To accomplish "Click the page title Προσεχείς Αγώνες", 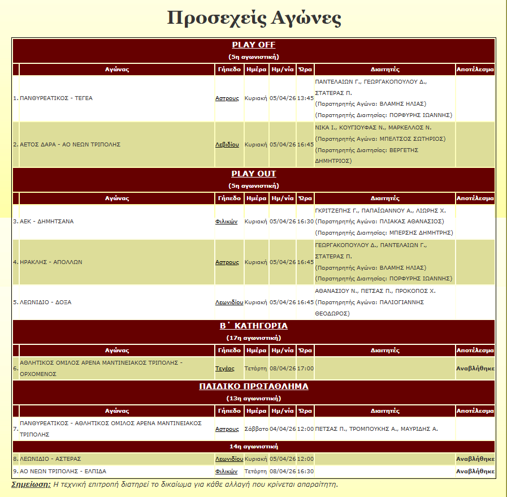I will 254,18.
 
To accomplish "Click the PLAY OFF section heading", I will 254,45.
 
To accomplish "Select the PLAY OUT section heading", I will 254,174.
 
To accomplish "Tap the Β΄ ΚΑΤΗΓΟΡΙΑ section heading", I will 254,326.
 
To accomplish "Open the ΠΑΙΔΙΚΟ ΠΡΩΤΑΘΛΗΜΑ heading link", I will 254,386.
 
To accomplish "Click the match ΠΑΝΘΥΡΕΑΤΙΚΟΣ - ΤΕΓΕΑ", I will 56,98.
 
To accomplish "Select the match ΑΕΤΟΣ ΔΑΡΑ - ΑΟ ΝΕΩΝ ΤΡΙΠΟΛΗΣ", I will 70,145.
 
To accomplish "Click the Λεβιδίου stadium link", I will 227,145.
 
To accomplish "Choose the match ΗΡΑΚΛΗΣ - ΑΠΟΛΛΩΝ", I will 51,262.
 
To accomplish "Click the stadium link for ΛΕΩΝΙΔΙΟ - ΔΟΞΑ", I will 229,302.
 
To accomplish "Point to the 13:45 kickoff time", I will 305,98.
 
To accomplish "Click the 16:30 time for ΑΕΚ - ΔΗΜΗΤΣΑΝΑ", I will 305,222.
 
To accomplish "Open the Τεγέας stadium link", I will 225,368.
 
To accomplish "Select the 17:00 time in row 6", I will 305,368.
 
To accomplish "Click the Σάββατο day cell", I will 256,429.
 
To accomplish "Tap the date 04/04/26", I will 282,429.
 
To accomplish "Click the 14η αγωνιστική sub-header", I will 254,446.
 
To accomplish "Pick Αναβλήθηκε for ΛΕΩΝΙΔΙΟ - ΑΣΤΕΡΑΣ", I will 475,459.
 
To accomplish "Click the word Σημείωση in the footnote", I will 31,485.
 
